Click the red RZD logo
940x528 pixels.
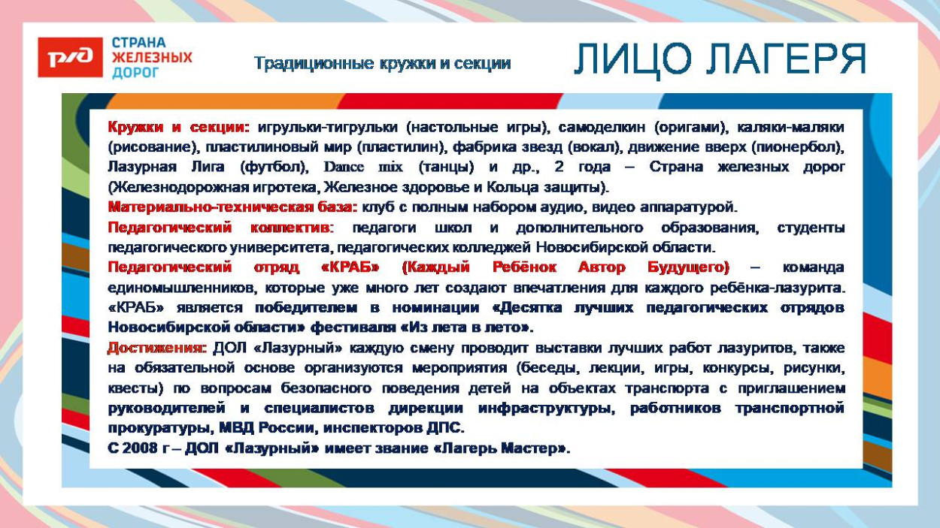(x=70, y=58)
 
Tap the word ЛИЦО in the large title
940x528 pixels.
(x=623, y=59)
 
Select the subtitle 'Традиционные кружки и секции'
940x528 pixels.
(x=382, y=64)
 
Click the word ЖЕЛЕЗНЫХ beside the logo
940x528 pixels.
(x=152, y=57)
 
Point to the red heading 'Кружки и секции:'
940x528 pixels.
(x=179, y=127)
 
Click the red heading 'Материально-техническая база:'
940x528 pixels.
(x=232, y=207)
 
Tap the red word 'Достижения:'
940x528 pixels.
(x=156, y=348)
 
